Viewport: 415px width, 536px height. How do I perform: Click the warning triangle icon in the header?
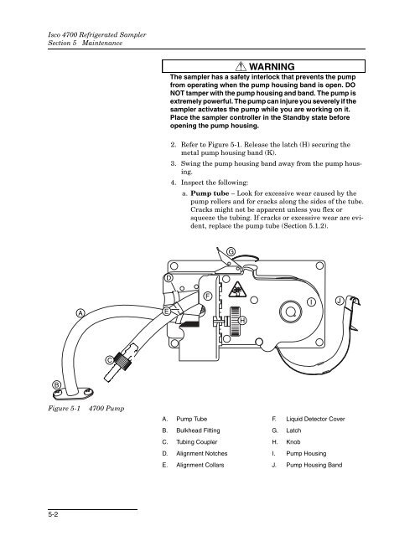click(x=241, y=66)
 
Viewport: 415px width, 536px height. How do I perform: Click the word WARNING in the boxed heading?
click(x=272, y=67)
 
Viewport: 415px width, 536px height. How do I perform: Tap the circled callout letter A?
click(x=80, y=313)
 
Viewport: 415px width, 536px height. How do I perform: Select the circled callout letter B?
click(x=56, y=385)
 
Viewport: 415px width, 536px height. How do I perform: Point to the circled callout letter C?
click(x=110, y=360)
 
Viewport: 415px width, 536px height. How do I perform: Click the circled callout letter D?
click(x=169, y=278)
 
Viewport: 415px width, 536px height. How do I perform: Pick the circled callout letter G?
click(x=231, y=252)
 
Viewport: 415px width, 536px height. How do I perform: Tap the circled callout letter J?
click(x=340, y=301)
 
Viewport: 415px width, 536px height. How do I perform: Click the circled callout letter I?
click(x=311, y=302)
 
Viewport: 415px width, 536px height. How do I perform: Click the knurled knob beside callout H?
click(x=235, y=321)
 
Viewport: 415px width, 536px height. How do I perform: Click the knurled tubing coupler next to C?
click(x=123, y=361)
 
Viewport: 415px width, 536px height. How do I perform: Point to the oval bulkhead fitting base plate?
click(x=73, y=394)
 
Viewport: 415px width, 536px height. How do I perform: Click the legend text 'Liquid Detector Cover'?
click(x=315, y=419)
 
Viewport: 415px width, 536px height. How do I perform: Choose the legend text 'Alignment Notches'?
click(x=202, y=454)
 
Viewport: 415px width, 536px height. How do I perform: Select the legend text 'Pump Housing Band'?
click(x=314, y=465)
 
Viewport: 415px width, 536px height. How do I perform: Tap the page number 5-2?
click(x=53, y=514)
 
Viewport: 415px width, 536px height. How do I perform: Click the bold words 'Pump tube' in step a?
click(x=210, y=193)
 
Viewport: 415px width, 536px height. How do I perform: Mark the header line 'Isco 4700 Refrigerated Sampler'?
click(x=97, y=35)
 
